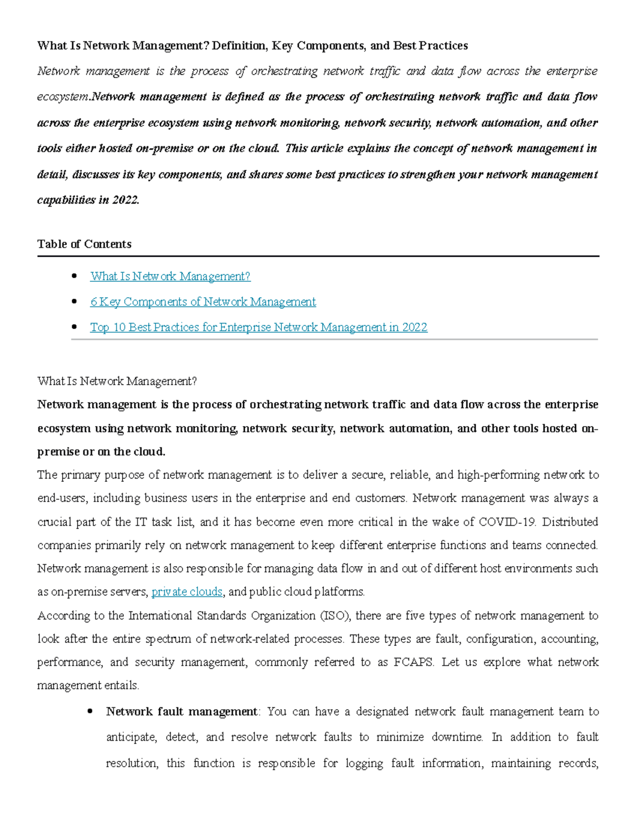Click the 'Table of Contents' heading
point(84,244)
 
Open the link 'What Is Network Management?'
point(170,276)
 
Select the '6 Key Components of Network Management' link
point(203,302)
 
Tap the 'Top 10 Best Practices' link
point(259,327)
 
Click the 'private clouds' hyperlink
point(187,592)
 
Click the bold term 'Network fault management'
point(182,712)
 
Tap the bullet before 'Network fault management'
point(90,712)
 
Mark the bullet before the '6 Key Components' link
point(74,301)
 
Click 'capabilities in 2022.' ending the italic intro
point(88,200)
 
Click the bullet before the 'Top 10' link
point(74,327)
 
